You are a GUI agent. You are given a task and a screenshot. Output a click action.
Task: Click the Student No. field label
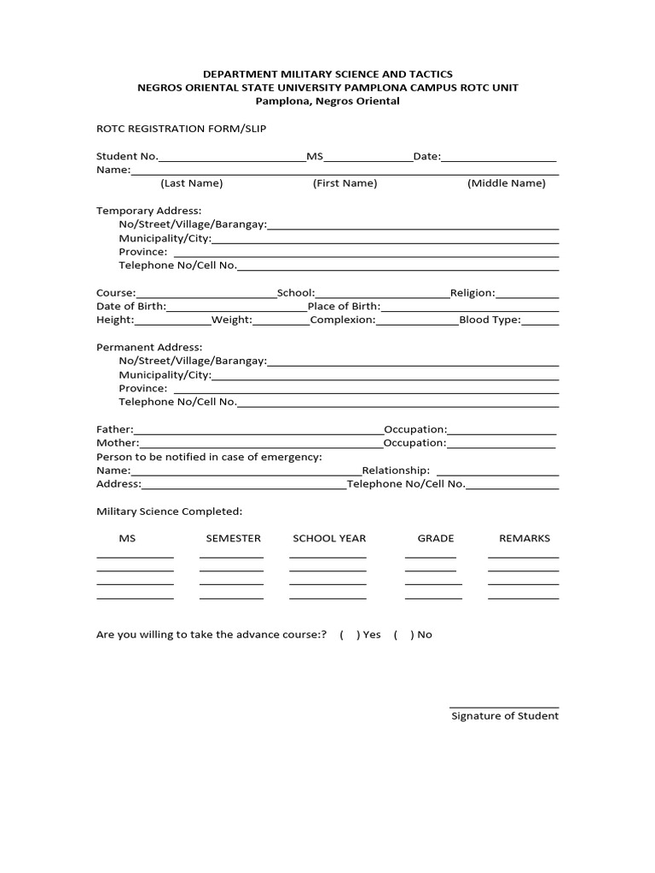[127, 156]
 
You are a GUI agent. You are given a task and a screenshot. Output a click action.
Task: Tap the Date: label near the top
[426, 156]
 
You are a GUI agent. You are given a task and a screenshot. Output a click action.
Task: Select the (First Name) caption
[345, 183]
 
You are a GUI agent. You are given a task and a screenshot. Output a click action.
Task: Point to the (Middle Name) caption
[507, 183]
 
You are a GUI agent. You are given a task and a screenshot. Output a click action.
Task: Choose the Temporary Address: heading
[149, 211]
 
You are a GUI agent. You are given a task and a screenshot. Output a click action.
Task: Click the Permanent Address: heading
[149, 347]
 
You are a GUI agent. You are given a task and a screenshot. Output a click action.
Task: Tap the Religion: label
[472, 292]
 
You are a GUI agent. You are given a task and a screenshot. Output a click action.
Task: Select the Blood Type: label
[490, 320]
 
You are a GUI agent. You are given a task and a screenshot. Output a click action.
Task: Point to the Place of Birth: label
[344, 306]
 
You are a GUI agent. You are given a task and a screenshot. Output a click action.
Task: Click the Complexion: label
[343, 320]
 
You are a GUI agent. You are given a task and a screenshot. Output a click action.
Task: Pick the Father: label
[115, 429]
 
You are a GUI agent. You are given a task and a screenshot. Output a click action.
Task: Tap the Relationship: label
[396, 470]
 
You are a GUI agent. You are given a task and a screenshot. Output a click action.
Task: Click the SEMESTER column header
[233, 538]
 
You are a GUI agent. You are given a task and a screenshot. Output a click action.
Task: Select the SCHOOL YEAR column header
[329, 538]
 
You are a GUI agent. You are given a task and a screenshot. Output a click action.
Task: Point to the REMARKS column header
[525, 538]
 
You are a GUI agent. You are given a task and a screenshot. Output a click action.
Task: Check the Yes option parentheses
[349, 634]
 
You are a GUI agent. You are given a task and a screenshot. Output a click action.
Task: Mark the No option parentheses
[403, 634]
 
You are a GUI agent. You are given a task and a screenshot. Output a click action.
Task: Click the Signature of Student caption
[505, 716]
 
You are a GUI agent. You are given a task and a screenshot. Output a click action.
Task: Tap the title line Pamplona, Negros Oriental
[327, 101]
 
